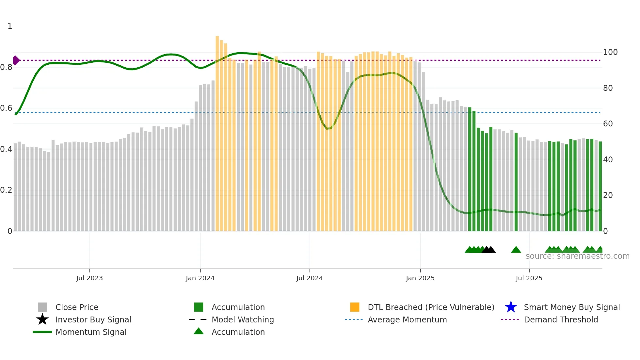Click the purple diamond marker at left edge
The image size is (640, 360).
coord(16,60)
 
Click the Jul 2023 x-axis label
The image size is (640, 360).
coord(89,278)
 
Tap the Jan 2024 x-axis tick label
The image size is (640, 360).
coord(200,278)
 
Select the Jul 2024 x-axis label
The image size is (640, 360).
coord(310,278)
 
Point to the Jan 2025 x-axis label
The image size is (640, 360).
coord(420,278)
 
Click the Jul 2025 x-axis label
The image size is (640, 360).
coord(529,278)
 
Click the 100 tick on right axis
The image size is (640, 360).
coord(610,52)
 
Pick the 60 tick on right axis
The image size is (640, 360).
coord(608,124)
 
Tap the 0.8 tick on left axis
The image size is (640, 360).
coord(7,67)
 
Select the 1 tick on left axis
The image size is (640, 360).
coord(10,26)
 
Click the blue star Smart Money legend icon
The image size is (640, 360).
coord(511,307)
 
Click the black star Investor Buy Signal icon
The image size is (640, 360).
coord(42,319)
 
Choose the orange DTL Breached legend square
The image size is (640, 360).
coord(355,307)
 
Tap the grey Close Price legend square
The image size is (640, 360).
coord(42,307)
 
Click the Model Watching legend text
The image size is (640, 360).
coord(243,319)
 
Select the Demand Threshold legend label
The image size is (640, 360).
coord(561,319)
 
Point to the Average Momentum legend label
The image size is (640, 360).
coord(407,319)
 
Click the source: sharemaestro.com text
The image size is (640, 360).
coord(577,256)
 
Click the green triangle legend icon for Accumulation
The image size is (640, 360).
coord(199,331)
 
